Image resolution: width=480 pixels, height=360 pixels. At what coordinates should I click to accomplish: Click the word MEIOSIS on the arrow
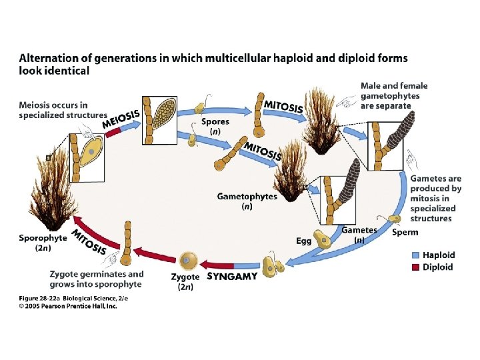(121, 119)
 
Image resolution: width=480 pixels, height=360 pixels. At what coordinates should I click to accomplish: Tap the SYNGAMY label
(232, 277)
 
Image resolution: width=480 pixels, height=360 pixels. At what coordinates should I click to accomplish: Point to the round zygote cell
(189, 259)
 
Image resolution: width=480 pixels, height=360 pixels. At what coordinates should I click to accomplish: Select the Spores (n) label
(215, 127)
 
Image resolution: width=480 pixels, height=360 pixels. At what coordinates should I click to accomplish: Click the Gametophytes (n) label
(246, 201)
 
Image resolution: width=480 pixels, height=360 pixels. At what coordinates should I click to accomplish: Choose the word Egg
(303, 241)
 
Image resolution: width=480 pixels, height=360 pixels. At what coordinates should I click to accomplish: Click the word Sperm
(405, 232)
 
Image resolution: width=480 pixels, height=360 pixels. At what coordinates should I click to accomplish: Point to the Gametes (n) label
(359, 234)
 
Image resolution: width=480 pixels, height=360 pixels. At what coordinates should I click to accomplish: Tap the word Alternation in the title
(51, 59)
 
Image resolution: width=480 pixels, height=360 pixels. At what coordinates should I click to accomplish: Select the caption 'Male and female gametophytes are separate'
(393, 95)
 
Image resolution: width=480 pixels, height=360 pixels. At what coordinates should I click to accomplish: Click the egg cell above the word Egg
(323, 239)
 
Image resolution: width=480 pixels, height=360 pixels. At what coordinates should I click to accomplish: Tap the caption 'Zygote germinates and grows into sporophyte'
(97, 279)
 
